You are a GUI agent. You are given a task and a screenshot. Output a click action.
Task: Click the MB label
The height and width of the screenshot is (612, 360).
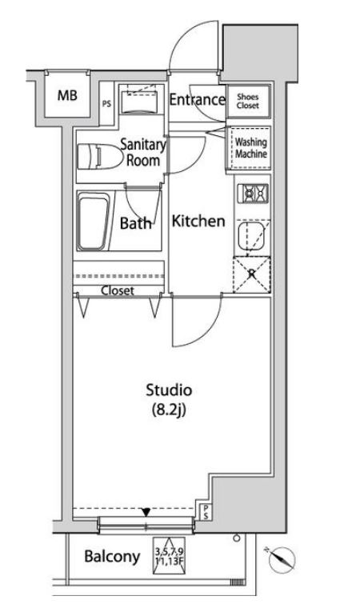click(x=67, y=95)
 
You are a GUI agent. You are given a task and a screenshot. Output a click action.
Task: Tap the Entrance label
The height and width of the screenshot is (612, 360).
click(x=197, y=100)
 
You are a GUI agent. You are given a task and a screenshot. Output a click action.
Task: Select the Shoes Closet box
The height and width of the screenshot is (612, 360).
click(x=248, y=101)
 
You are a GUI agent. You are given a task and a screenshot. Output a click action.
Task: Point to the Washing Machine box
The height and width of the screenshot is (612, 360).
click(x=249, y=148)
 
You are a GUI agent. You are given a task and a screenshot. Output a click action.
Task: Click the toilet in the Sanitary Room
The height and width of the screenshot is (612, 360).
click(x=99, y=157)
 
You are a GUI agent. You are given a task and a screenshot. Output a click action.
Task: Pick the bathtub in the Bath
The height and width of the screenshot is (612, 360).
click(x=93, y=223)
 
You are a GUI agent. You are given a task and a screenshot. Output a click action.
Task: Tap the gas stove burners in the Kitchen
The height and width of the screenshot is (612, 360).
click(x=254, y=193)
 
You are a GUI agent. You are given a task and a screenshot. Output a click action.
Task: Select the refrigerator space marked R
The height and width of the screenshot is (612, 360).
click(x=252, y=274)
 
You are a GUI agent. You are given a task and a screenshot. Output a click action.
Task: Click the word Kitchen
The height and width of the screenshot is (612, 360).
click(x=198, y=222)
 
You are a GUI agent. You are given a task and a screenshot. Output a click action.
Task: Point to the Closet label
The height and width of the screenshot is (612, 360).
click(x=118, y=290)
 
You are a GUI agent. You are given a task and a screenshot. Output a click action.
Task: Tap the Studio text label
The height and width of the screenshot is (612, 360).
click(x=169, y=390)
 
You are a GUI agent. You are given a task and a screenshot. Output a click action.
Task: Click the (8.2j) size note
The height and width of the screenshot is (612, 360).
click(x=168, y=410)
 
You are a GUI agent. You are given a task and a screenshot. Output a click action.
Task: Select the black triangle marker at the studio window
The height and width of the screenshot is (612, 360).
click(x=146, y=512)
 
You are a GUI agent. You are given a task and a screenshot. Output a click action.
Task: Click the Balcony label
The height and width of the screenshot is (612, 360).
click(x=112, y=556)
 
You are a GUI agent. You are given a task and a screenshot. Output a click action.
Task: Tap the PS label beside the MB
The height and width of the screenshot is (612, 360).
click(x=106, y=104)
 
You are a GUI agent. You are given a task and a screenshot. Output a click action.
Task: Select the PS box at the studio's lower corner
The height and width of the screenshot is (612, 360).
click(x=206, y=512)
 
